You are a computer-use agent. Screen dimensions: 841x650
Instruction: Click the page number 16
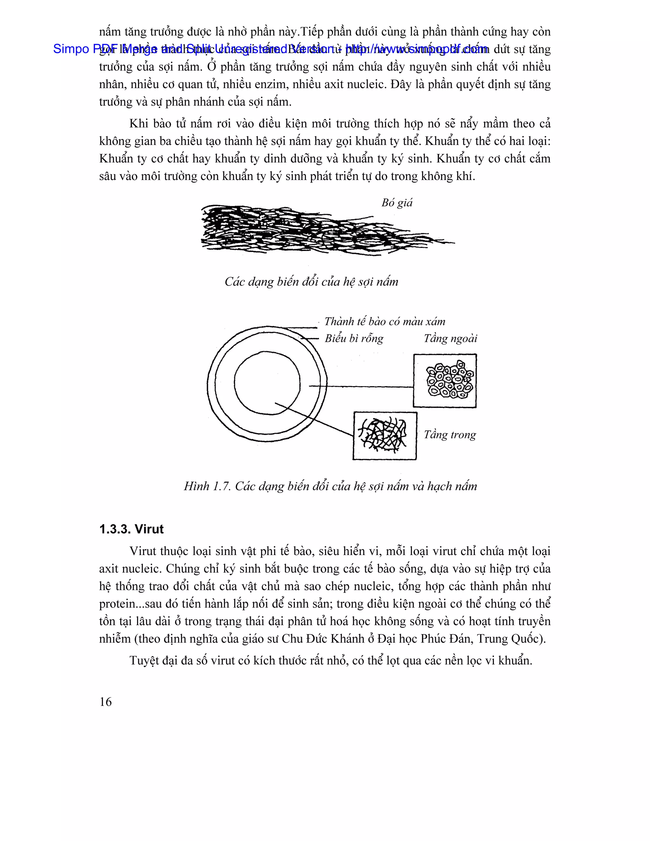click(105, 702)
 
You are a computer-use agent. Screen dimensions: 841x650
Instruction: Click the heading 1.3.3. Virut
click(131, 529)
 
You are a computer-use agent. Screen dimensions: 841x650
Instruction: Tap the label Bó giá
click(397, 203)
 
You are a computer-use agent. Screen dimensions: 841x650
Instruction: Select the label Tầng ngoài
click(450, 339)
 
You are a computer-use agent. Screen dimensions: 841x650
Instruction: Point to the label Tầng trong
click(450, 435)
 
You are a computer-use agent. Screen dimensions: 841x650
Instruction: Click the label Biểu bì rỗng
click(354, 339)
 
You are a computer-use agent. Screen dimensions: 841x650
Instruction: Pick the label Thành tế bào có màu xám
click(384, 321)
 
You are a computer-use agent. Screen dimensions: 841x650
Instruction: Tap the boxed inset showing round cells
click(445, 381)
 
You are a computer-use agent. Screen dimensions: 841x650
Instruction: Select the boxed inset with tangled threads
click(384, 435)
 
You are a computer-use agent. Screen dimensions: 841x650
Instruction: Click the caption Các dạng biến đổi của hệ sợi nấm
click(311, 282)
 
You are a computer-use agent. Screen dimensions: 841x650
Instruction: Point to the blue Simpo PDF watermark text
click(269, 49)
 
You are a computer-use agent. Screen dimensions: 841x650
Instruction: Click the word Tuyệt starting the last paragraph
click(144, 661)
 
